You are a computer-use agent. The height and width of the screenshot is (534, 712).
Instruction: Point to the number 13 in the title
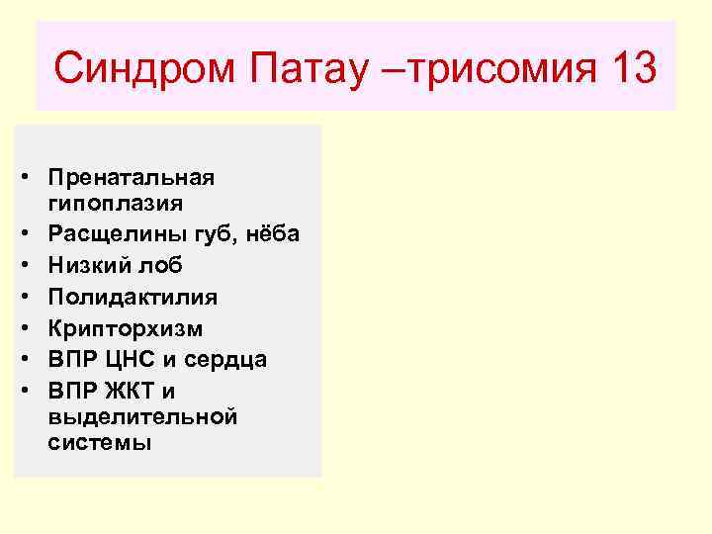point(629,69)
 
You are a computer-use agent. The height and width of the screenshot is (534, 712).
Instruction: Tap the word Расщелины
point(110,235)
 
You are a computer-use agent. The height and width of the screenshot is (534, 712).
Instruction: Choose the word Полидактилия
point(132,296)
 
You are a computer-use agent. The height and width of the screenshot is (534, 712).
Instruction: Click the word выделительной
point(142,416)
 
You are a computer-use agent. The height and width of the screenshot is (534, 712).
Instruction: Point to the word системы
point(99,443)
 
